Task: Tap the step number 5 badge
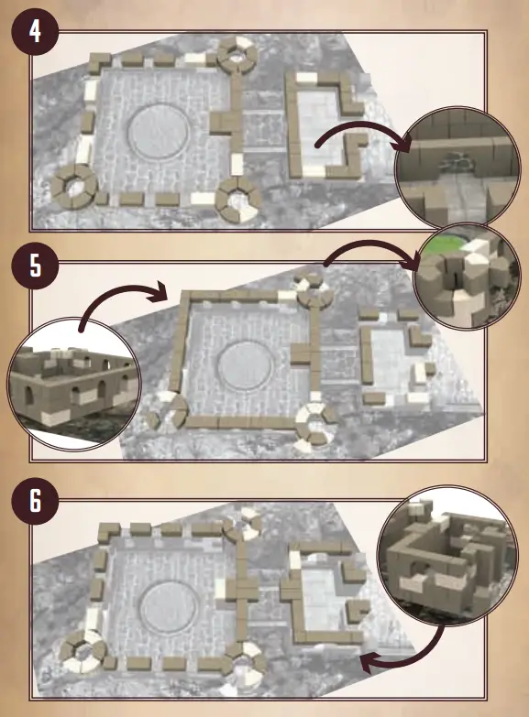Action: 34,266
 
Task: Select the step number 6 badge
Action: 34,502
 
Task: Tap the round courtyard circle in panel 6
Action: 167,608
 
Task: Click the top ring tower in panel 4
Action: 237,55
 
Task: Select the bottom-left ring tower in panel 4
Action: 73,188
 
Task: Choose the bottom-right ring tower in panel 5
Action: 314,420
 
